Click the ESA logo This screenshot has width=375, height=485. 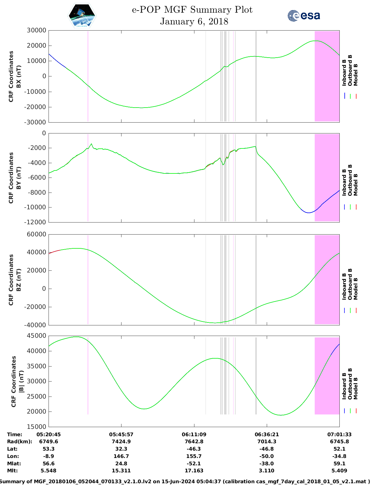tap(304, 16)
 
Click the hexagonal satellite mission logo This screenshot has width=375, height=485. tap(82, 16)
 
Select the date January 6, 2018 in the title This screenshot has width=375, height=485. tap(194, 21)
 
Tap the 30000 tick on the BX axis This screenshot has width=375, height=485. tap(36, 30)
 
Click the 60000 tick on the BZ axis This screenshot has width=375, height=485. tap(36, 234)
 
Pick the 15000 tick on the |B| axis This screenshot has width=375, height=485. tap(36, 427)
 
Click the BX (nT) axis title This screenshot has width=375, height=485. tap(19, 76)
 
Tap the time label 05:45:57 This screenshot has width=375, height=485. tap(121, 434)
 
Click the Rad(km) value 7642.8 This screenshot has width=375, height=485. tap(194, 441)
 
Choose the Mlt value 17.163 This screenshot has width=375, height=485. tap(194, 471)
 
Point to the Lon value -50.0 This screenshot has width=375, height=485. tap(267, 456)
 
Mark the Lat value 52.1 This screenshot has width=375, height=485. tap(339, 449)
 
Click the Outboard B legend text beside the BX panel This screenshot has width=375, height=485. tap(350, 71)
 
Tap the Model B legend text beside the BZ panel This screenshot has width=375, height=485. tap(356, 289)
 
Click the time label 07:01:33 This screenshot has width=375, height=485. tap(339, 434)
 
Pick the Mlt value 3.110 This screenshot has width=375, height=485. tap(267, 471)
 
